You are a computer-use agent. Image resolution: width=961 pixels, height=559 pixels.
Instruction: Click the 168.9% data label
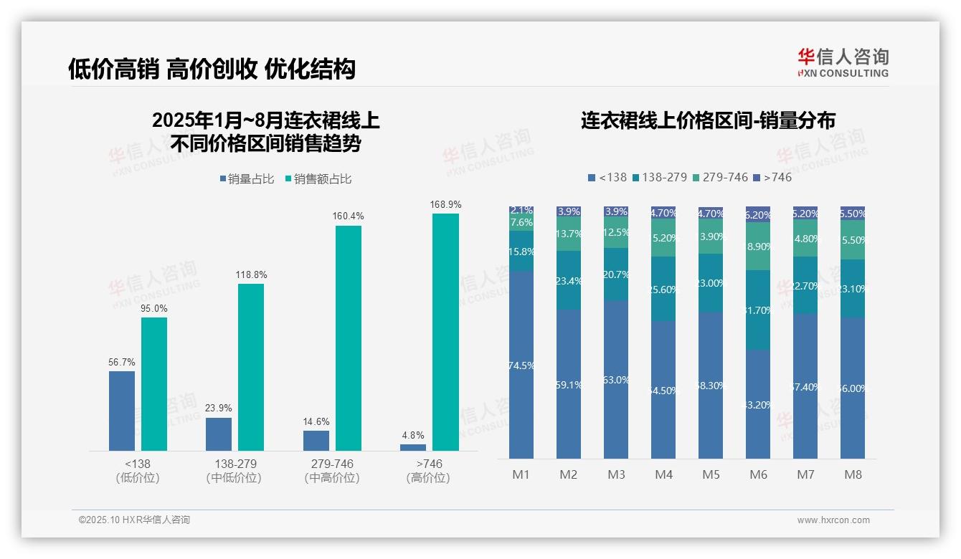pos(445,205)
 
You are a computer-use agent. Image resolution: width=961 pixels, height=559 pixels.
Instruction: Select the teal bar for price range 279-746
pos(349,338)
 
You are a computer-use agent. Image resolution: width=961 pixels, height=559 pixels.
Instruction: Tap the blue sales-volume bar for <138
pos(122,411)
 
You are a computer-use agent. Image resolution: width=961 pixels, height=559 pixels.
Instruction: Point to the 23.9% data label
pos(219,408)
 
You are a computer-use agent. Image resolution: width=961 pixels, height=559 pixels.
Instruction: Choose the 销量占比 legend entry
pos(246,179)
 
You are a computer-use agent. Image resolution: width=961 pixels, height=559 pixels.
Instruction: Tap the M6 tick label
pos(758,474)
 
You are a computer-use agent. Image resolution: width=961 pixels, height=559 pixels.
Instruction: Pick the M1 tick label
pos(521,474)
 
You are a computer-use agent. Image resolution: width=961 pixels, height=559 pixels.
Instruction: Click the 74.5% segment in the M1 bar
pos(521,365)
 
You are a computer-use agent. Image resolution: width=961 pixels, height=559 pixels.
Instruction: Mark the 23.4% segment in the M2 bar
pos(569,280)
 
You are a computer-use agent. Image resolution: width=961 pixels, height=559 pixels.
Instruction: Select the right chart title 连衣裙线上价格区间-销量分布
pos(708,121)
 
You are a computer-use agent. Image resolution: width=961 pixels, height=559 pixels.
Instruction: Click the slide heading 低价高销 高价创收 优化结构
pos(212,69)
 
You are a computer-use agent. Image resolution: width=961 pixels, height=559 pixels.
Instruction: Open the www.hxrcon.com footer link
pos(833,520)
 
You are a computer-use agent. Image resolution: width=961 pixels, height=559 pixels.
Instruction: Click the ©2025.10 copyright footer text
pos(134,520)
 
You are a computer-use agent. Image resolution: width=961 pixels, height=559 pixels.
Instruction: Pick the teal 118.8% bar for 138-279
pos(251,367)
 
